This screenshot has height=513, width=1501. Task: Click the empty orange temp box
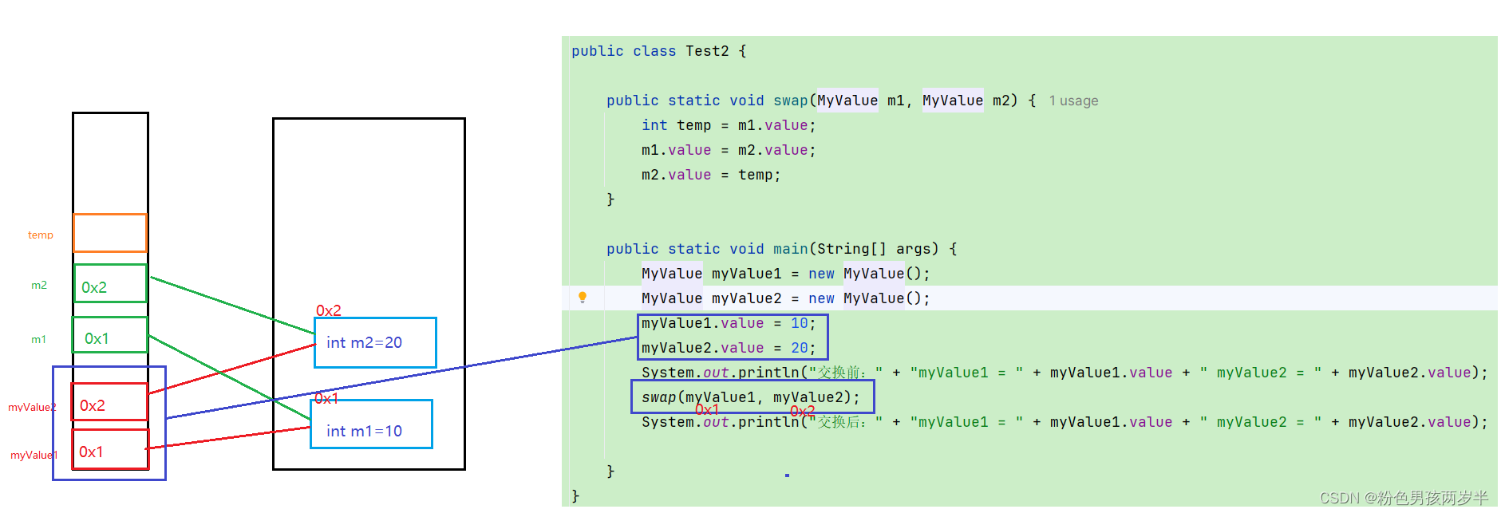110,233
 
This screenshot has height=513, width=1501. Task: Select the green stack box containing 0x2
110,283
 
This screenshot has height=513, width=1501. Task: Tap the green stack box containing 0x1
110,335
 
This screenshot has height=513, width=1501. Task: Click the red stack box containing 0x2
109,401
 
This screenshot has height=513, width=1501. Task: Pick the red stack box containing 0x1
110,449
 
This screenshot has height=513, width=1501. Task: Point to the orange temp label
41,235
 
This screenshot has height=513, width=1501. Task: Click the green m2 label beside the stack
39,285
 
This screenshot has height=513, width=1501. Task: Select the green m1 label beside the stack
38,339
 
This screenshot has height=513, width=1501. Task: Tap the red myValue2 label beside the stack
32,407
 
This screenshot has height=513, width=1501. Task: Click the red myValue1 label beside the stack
34,456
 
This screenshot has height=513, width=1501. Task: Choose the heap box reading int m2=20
375,343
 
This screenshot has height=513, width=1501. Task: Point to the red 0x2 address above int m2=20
329,310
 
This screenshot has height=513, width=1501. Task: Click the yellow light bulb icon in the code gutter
583,298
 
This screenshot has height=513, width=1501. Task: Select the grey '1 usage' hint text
1073,101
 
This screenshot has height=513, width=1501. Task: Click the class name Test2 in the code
707,51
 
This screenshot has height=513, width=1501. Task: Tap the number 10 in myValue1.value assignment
799,323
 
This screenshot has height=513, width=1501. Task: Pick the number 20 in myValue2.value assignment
799,348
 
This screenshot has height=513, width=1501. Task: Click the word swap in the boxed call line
658,397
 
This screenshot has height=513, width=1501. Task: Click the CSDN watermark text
1404,498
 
